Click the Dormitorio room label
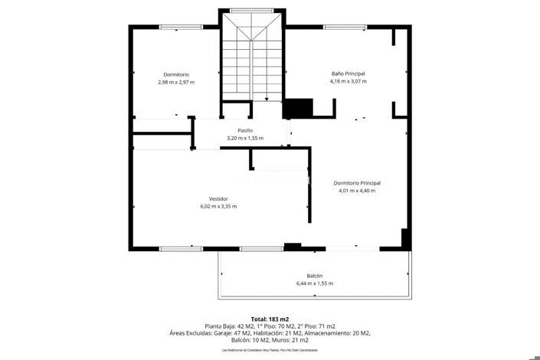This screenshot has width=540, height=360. [x=176, y=74]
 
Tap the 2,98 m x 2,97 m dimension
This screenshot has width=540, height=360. [x=176, y=82]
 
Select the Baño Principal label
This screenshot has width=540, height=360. [x=348, y=73]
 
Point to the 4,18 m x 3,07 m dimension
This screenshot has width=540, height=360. [x=348, y=80]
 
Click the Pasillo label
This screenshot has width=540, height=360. [x=245, y=130]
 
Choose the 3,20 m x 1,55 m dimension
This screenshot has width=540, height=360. [x=245, y=138]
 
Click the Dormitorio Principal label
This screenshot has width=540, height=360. [x=357, y=183]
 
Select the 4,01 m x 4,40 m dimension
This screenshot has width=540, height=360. [x=357, y=191]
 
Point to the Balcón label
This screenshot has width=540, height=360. [x=314, y=276]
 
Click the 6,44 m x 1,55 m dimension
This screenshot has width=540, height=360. [x=314, y=283]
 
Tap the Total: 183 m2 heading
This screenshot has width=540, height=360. [x=270, y=319]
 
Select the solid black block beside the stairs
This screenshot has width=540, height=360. [x=299, y=108]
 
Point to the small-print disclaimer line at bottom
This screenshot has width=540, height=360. [x=270, y=350]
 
